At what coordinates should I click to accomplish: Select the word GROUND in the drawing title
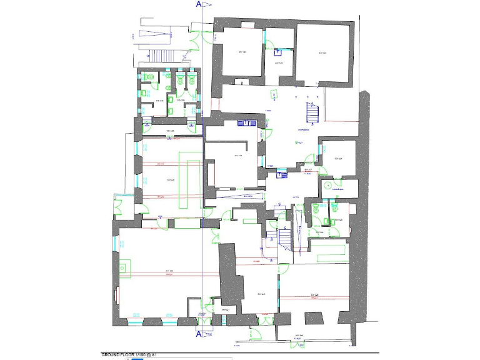coord(112,354)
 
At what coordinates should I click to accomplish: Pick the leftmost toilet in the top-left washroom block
coord(148,76)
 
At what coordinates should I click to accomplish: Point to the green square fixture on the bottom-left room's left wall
coord(122,268)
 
